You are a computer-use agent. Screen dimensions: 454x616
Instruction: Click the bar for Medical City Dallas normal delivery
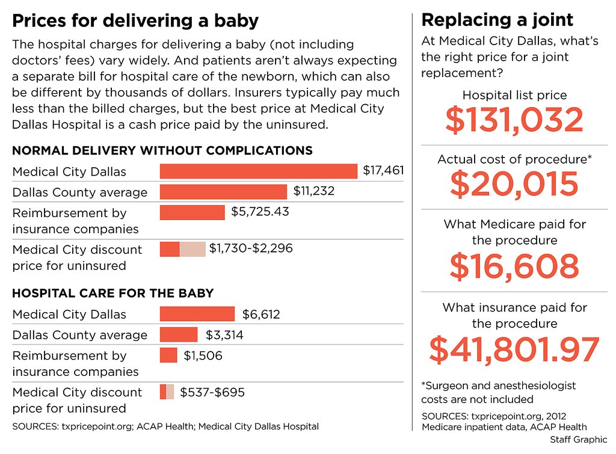click(x=259, y=171)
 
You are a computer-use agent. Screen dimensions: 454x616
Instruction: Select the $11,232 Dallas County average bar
click(x=223, y=192)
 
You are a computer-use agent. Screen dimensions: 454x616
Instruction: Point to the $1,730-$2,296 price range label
click(x=251, y=248)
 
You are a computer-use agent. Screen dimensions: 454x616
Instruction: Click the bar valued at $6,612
click(x=197, y=314)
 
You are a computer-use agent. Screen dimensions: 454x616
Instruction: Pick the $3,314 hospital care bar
click(x=179, y=334)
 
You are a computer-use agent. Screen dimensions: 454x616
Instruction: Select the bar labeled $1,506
click(x=168, y=355)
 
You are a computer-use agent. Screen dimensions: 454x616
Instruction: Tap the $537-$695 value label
click(x=212, y=393)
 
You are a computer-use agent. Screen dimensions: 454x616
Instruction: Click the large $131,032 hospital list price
click(x=514, y=120)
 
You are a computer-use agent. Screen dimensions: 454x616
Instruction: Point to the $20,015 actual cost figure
click(x=514, y=184)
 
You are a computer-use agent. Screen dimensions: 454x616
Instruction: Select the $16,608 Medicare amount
click(x=514, y=266)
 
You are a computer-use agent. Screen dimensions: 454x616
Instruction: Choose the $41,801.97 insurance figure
click(x=514, y=349)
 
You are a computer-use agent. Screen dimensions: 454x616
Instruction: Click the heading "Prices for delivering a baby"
click(x=135, y=21)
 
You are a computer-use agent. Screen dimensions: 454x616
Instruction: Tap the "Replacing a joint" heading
click(x=497, y=20)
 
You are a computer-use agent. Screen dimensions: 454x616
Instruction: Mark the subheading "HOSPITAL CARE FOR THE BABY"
click(x=113, y=293)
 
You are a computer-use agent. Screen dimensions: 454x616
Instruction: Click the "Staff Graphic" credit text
click(x=578, y=440)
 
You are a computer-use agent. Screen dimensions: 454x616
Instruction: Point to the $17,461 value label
click(x=383, y=171)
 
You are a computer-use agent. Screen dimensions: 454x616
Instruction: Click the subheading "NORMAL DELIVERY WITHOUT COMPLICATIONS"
click(x=162, y=150)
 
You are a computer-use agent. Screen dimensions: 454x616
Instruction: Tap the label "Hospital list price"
click(x=514, y=95)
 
